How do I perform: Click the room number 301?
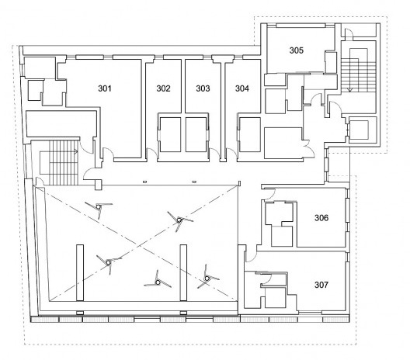[105, 88]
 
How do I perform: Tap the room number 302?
[163, 88]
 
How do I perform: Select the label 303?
[203, 88]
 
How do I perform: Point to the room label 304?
[242, 88]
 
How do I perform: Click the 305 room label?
[297, 50]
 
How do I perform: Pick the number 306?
[321, 217]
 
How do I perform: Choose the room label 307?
[321, 285]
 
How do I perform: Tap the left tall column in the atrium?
[80, 273]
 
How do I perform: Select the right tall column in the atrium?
[183, 273]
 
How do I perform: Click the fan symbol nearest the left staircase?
[99, 207]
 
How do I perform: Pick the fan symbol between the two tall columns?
[158, 282]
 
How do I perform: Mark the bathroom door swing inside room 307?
[266, 279]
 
